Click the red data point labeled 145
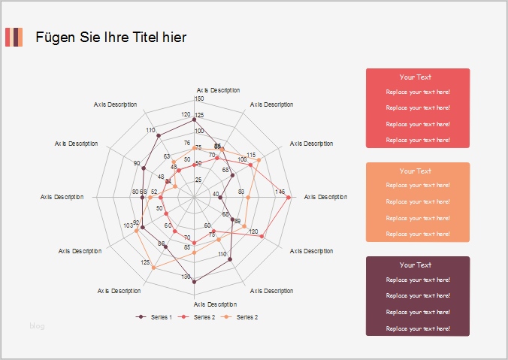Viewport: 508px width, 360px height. point(289,197)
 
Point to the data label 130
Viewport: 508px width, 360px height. point(186,277)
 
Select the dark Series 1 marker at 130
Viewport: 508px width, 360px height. point(195,282)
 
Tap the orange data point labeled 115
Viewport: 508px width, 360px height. point(259,161)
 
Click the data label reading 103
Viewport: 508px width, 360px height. point(129,225)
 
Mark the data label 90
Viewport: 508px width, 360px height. point(136,163)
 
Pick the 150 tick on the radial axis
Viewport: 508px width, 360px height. point(198,98)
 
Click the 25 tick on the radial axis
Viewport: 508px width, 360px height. point(198,180)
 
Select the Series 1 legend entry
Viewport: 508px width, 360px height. point(155,317)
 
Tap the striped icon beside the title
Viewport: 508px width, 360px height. point(14,37)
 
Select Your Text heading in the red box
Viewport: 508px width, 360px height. point(416,77)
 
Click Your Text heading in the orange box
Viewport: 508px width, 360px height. point(416,171)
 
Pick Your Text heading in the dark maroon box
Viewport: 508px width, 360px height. point(416,265)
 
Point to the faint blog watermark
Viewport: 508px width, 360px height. point(37,325)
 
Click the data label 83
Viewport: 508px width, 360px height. point(241,192)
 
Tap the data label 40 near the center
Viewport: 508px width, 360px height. point(216,195)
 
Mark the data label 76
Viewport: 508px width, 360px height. point(187,143)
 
